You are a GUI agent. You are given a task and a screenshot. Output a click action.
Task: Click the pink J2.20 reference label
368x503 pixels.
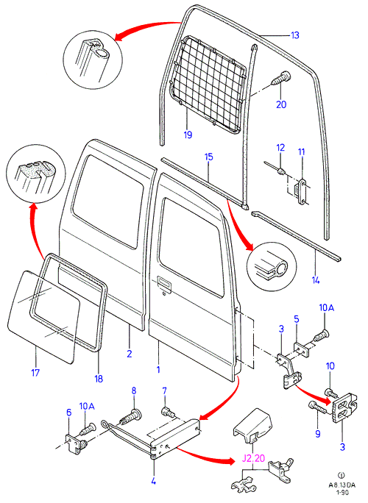pyautogui.click(x=253, y=458)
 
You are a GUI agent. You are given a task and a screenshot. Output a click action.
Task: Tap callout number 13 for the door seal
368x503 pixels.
pyautogui.click(x=295, y=35)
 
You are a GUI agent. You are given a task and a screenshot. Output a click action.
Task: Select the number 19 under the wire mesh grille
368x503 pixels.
pyautogui.click(x=188, y=135)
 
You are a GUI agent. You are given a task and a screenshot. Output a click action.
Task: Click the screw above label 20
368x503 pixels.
pyautogui.click(x=281, y=78)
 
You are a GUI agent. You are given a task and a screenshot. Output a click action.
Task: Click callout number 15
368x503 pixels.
pyautogui.click(x=209, y=157)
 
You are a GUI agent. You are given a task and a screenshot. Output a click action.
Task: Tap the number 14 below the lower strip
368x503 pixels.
pyautogui.click(x=316, y=280)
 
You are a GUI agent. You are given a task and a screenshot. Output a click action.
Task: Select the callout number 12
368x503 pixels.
pyautogui.click(x=280, y=148)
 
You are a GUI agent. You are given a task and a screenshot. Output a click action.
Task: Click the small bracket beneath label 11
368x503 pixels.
pyautogui.click(x=302, y=191)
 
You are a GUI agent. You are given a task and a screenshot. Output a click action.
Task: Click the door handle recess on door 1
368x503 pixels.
pyautogui.click(x=164, y=282)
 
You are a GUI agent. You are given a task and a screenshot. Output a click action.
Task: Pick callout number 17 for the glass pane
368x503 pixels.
pyautogui.click(x=35, y=372)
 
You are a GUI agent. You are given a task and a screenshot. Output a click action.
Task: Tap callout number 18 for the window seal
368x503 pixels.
pyautogui.click(x=99, y=379)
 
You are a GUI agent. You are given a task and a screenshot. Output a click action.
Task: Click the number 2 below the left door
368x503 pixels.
pyautogui.click(x=129, y=354)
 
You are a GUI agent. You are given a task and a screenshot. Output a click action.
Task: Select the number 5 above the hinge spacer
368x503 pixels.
pyautogui.click(x=297, y=319)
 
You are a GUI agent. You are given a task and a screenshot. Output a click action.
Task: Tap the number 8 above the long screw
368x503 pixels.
pyautogui.click(x=134, y=390)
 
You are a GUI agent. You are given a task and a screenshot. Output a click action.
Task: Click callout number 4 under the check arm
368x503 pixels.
pyautogui.click(x=154, y=481)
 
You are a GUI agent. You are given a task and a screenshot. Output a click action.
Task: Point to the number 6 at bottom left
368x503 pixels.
pyautogui.click(x=69, y=413)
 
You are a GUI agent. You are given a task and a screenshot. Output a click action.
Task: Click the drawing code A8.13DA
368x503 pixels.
pyautogui.click(x=342, y=485)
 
